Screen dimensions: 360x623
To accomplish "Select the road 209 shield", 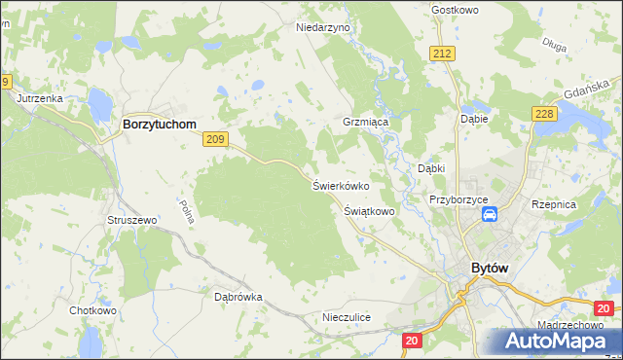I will pos(216,140).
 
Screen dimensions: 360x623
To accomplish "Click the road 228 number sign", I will pos(543,115).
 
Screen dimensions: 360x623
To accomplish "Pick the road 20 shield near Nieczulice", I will pos(412,340).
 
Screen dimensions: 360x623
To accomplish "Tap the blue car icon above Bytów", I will pos(492,214).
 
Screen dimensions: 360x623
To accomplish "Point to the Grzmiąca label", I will pos(365,124).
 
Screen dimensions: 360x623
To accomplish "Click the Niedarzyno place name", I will pos(322,28).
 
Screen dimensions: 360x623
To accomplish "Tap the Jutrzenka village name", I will pos(39,98).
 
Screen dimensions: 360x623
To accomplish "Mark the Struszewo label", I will pos(131,221).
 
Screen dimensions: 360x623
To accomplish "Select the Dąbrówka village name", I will pos(238,298).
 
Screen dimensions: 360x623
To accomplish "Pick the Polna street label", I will pos(188,212).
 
